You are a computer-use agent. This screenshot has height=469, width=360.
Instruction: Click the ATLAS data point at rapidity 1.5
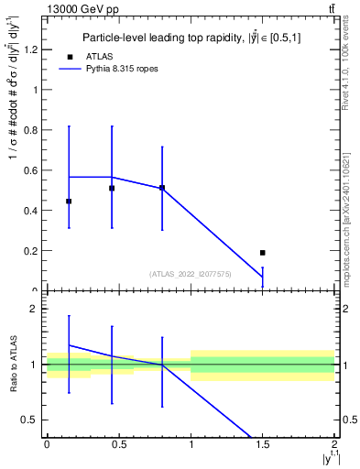[x=262, y=252]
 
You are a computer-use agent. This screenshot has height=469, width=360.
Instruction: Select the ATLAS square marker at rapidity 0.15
[x=69, y=201]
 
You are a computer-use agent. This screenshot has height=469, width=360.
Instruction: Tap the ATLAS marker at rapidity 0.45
[x=112, y=189]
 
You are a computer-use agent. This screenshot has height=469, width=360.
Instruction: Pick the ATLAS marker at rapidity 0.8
[x=162, y=188]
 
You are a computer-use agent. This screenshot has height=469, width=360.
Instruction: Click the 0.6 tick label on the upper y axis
[x=32, y=170]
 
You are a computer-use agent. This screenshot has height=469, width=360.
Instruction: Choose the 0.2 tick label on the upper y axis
[x=32, y=251]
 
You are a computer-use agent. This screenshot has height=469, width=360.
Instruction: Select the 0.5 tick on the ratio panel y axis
[x=32, y=420]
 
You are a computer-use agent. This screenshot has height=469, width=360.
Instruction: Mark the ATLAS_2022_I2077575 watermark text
[x=190, y=274]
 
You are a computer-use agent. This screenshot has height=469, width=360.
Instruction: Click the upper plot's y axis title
[x=13, y=147]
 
